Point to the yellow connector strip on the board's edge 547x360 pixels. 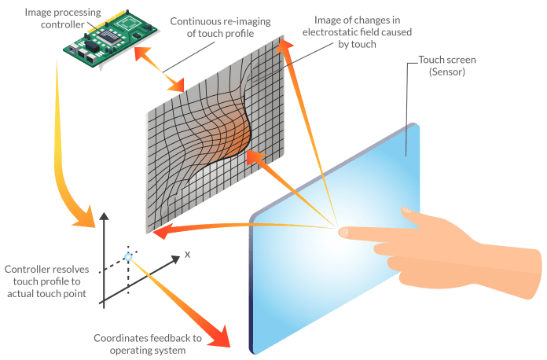98,24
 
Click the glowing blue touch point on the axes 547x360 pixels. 128,257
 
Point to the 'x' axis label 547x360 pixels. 189,255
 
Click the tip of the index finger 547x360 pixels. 343,232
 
